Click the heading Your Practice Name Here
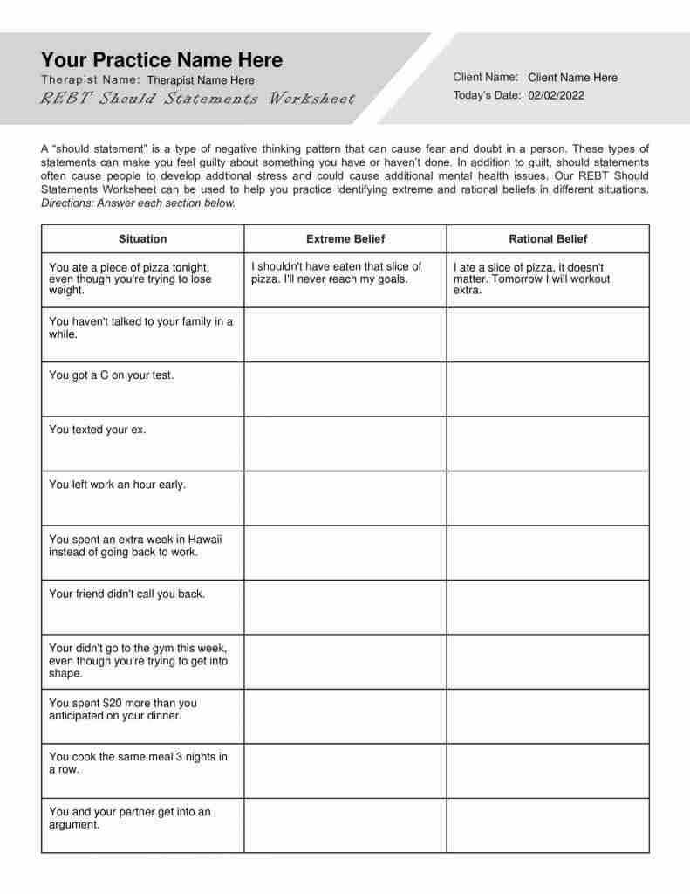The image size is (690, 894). pos(161,60)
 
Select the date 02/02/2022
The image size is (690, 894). pos(556,95)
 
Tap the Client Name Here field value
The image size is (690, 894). pos(572,78)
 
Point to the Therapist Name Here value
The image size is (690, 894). pos(201,80)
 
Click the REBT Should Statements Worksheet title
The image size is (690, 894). pos(198,99)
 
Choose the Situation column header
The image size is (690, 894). pos(142,238)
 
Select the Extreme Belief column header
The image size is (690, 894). pos(345,238)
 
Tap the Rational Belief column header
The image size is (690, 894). pos(548,238)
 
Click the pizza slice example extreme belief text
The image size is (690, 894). pos(336,272)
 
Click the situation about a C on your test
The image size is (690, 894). pos(112,375)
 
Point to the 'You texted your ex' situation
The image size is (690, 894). pos(98,430)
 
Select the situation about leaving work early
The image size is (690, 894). pos(117,485)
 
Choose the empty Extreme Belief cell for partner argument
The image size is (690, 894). pos(345,825)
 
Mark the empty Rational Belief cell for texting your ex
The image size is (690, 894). pos(548,444)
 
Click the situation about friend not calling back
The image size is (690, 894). pos(127,594)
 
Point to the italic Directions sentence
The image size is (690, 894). pos(138,203)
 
